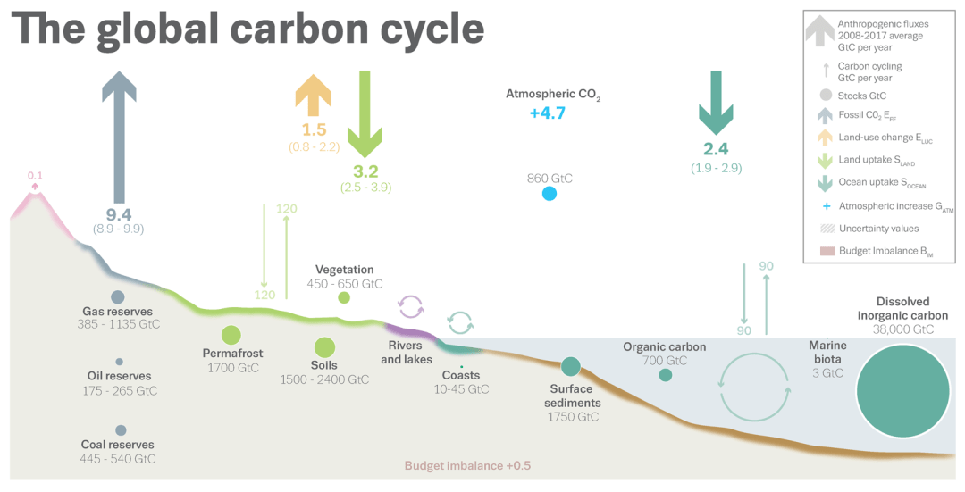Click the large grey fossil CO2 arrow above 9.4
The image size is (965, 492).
tap(119, 138)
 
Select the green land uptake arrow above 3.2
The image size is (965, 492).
tap(365, 113)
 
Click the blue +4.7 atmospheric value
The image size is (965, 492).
tap(547, 113)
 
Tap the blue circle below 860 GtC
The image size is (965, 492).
tap(549, 194)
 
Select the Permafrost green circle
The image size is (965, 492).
tap(231, 335)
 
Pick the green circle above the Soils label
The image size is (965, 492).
tap(324, 347)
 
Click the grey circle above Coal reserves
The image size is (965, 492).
tap(121, 430)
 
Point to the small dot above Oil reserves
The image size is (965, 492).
tap(120, 362)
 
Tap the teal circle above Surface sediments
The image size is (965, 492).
tap(570, 366)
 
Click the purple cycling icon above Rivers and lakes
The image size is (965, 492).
tap(410, 305)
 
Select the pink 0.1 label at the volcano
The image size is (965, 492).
tap(35, 176)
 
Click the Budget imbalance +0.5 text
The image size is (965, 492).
tap(467, 465)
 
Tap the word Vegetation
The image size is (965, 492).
tap(345, 270)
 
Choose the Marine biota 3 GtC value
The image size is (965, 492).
tap(827, 372)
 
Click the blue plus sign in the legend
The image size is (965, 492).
tap(827, 206)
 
